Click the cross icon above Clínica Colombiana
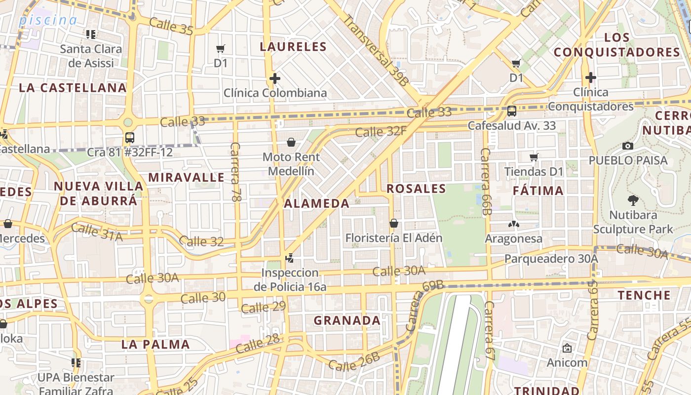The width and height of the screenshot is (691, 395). (275, 79)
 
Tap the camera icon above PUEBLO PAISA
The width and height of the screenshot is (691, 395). (628, 146)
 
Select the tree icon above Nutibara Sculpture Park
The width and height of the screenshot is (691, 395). (633, 200)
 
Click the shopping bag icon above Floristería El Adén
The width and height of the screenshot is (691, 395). (393, 223)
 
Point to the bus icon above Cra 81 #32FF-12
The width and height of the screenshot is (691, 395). (130, 138)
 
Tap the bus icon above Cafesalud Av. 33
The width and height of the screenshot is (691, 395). (512, 111)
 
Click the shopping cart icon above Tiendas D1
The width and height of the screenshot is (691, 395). (534, 158)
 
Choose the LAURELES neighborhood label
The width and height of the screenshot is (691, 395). (293, 47)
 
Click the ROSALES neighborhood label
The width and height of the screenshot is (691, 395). (416, 189)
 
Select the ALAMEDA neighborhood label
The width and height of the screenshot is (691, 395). (317, 203)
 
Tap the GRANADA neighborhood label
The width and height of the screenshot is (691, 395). (347, 320)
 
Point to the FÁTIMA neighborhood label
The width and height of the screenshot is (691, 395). (538, 191)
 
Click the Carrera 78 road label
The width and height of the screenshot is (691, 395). (236, 172)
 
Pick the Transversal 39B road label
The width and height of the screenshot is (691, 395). (376, 51)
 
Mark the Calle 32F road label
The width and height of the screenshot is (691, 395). (381, 132)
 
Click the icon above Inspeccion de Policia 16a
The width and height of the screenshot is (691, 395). (290, 258)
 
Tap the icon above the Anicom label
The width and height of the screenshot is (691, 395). (567, 348)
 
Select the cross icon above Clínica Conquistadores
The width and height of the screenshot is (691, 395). (590, 78)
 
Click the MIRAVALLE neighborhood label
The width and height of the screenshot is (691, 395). (187, 177)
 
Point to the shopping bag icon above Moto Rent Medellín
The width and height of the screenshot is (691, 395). (291, 143)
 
